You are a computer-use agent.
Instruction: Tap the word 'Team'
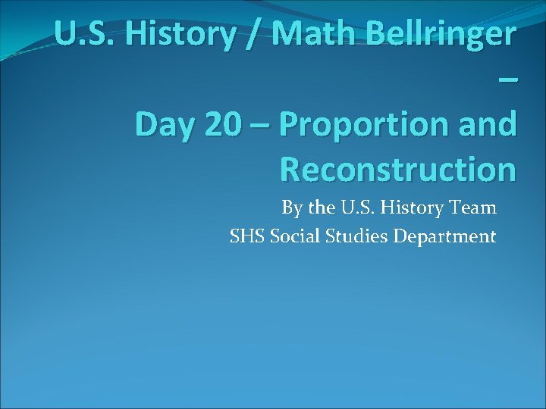475,207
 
